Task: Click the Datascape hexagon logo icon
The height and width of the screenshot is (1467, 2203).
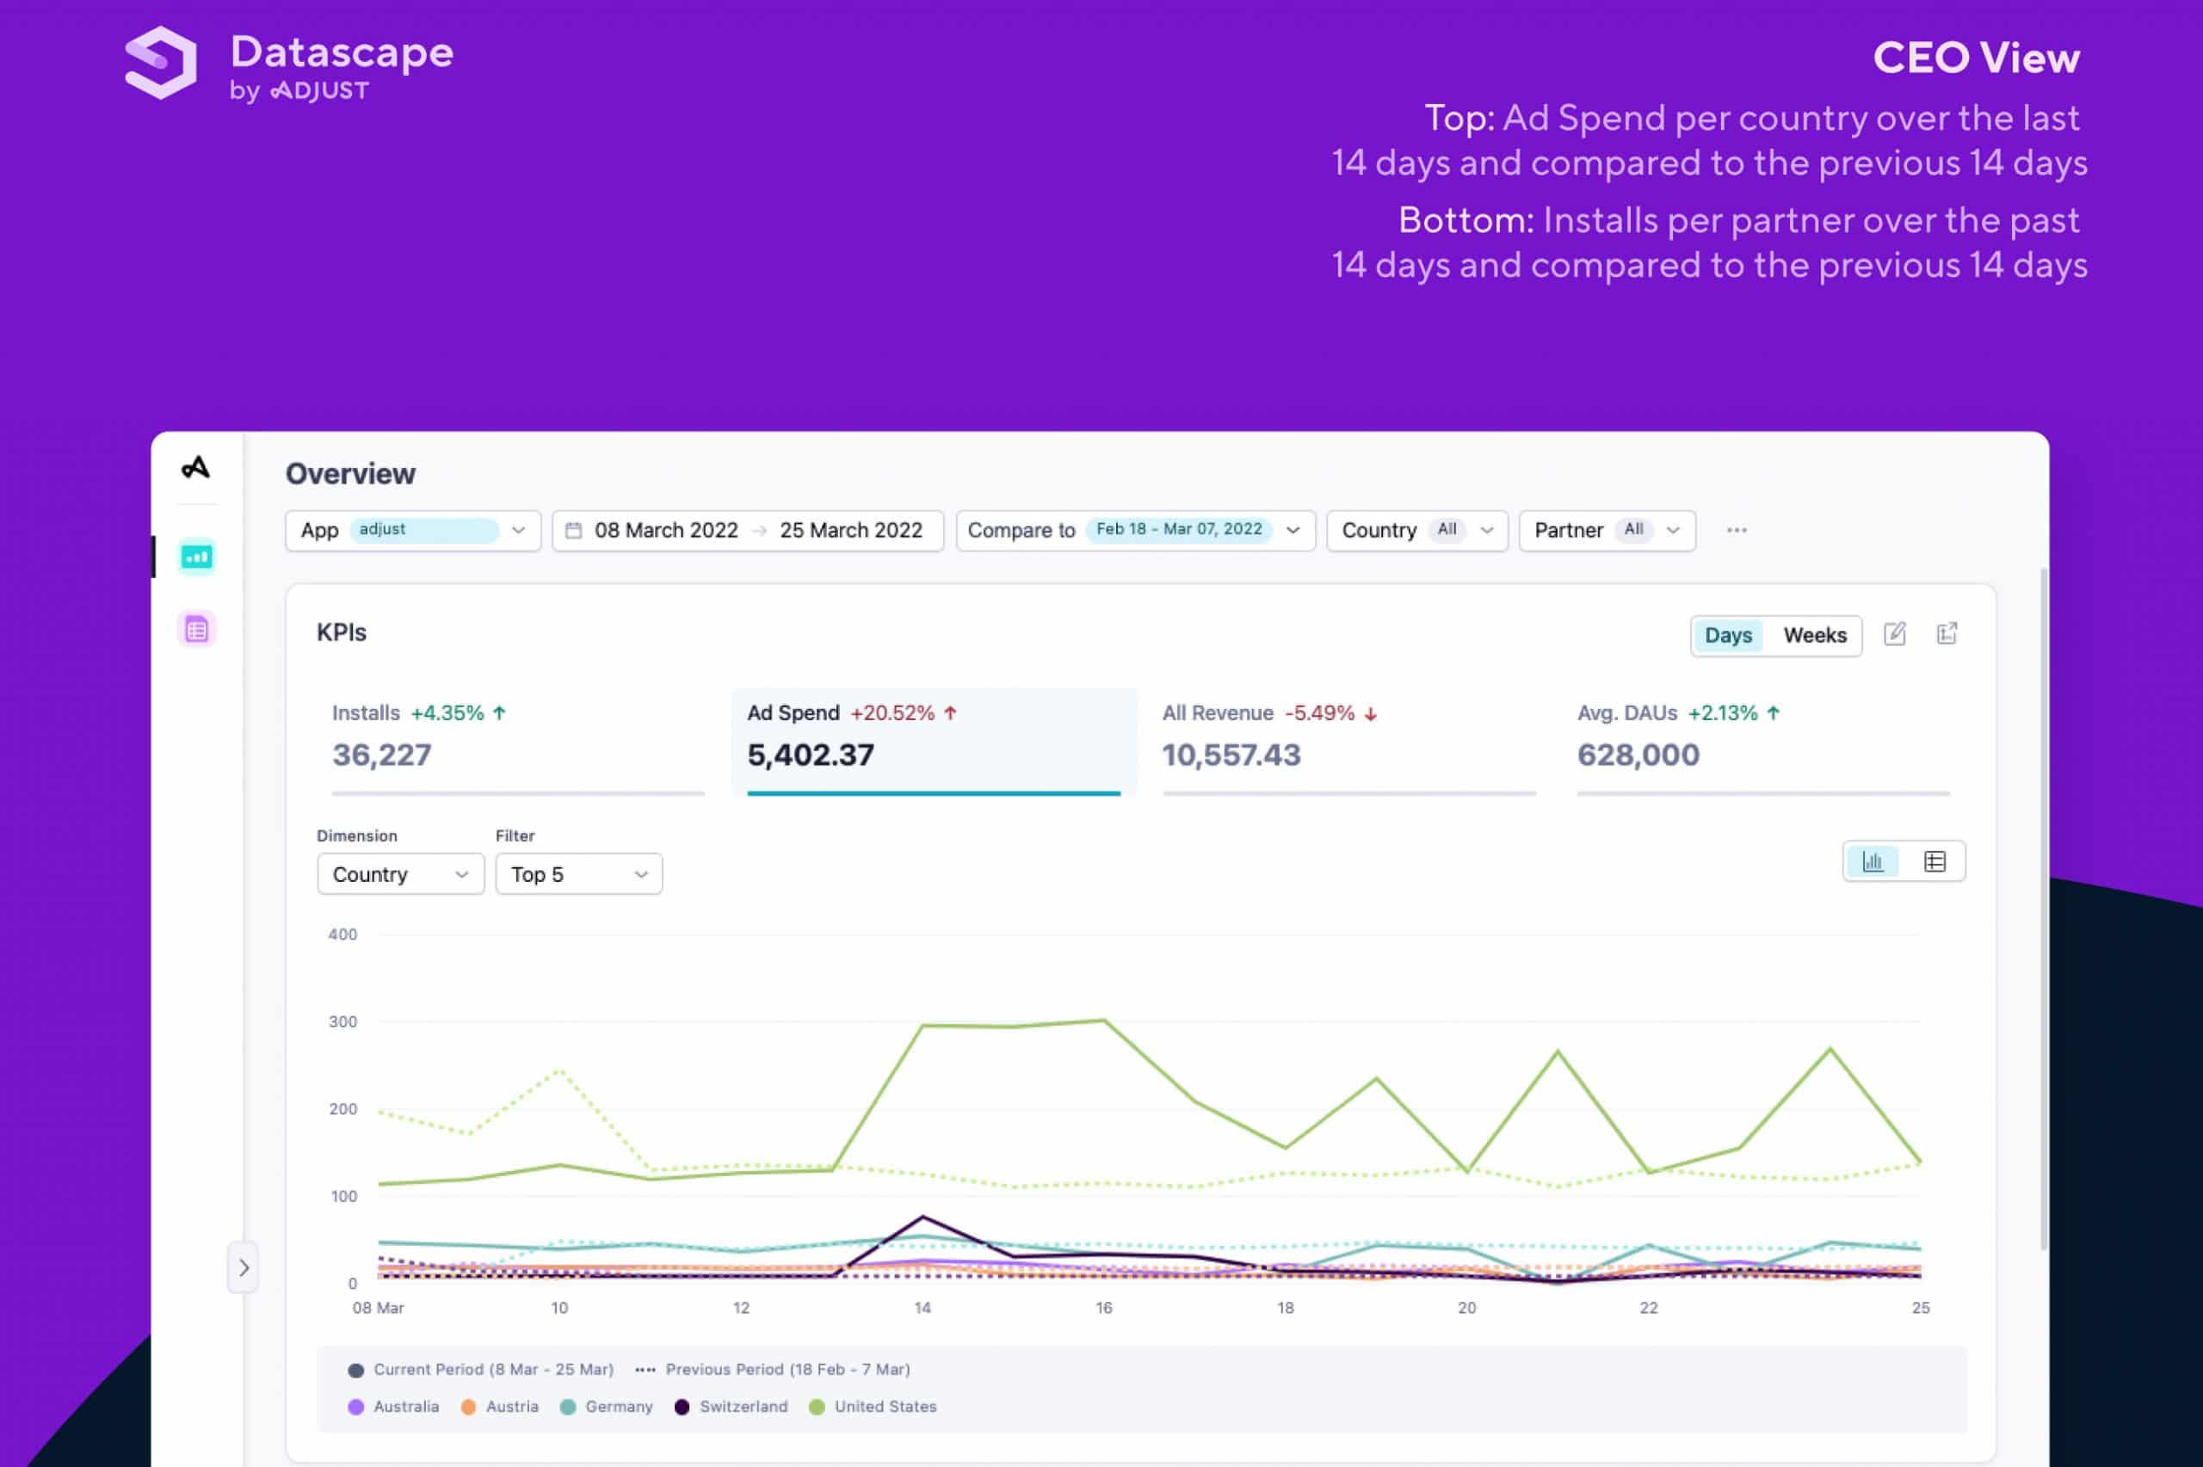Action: click(x=161, y=62)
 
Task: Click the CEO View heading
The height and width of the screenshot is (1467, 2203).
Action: click(x=1975, y=58)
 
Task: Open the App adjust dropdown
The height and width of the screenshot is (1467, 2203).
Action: click(x=412, y=531)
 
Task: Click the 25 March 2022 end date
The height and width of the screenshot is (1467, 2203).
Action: click(x=850, y=531)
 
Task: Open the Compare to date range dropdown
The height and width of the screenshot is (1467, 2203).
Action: click(x=1135, y=531)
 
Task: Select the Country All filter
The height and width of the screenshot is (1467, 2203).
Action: click(x=1416, y=531)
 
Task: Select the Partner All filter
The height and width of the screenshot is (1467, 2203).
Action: click(x=1606, y=531)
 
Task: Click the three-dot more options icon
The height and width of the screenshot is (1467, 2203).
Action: click(x=1737, y=531)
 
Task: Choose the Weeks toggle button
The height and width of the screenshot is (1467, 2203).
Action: click(x=1814, y=635)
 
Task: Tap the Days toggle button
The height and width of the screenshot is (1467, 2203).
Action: click(x=1727, y=635)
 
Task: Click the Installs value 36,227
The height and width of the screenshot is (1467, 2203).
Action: click(x=382, y=755)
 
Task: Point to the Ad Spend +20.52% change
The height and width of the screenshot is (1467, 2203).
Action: click(x=892, y=713)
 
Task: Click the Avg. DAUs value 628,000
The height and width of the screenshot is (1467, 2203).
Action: click(x=1637, y=755)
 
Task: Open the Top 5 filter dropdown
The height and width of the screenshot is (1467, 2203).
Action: click(x=578, y=874)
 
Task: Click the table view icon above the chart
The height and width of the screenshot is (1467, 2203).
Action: click(x=1934, y=861)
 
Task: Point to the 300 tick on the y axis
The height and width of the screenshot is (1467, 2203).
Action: click(x=342, y=1021)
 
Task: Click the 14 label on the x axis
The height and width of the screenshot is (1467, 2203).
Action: click(x=922, y=1308)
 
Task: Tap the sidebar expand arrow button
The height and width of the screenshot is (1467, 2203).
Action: click(x=244, y=1267)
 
